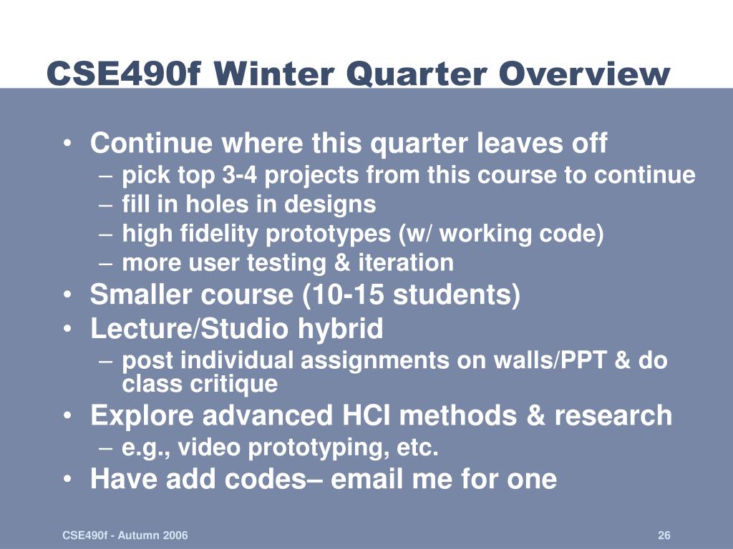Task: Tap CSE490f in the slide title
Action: pos(125,74)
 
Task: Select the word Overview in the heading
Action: pos(584,74)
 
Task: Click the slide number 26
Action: pos(664,535)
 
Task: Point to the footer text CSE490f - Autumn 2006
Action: pos(125,535)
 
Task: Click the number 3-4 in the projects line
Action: pos(239,175)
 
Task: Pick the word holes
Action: pos(217,204)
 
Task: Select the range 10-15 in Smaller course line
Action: pos(349,295)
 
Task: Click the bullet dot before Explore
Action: pos(68,415)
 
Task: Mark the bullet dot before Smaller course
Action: pos(68,295)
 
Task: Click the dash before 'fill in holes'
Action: pos(106,205)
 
